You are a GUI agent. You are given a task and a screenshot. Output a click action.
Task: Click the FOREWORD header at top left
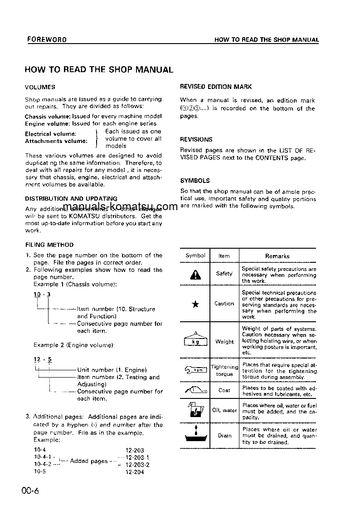[x=46, y=39]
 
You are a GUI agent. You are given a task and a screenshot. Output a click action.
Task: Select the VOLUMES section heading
[x=40, y=87]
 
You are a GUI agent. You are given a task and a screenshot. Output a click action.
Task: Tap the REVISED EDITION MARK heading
[x=216, y=87]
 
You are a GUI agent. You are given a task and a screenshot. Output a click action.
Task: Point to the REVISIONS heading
[x=196, y=140]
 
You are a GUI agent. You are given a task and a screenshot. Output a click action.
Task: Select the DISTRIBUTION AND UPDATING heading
[x=71, y=198]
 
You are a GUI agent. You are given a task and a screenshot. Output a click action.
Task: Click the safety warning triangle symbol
[x=195, y=275]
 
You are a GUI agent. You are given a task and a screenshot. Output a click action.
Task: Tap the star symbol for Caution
[x=195, y=305]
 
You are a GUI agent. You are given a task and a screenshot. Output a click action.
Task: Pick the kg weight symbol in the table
[x=195, y=341]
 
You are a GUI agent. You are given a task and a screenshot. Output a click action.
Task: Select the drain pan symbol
[x=195, y=435]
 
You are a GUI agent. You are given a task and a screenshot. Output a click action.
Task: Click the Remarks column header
[x=277, y=256]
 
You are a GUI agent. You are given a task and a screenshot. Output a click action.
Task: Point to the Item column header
[x=224, y=256]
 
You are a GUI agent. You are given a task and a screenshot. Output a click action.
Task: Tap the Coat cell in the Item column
[x=224, y=390]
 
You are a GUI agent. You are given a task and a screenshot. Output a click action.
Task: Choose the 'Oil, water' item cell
[x=224, y=410]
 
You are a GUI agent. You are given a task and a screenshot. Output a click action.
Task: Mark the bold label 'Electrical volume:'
[x=50, y=134]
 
